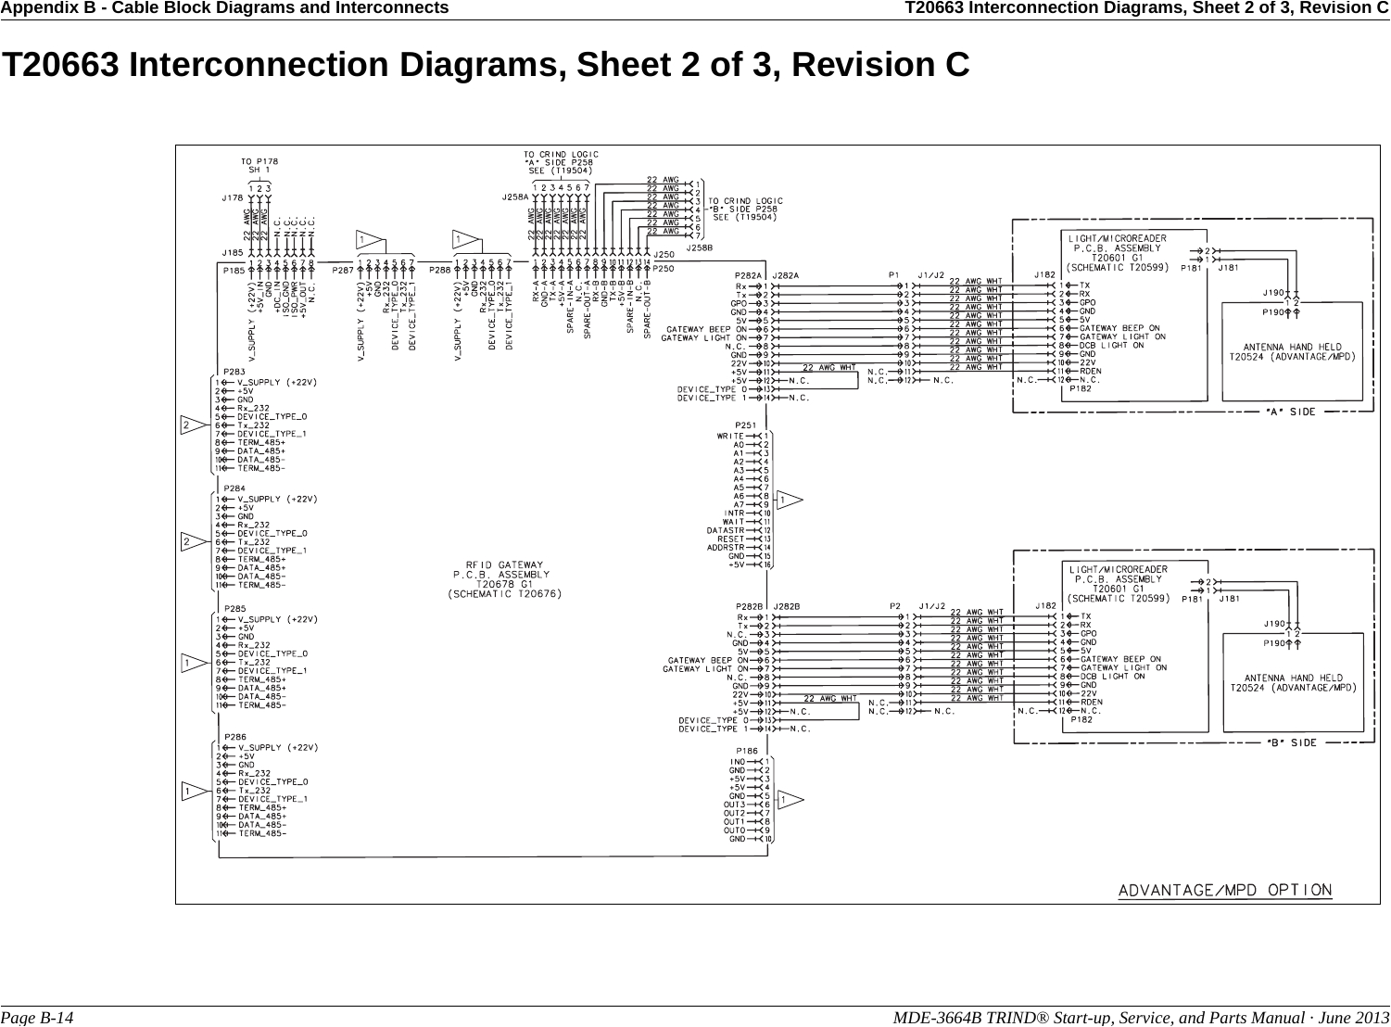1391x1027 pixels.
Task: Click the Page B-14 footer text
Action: click(38, 1017)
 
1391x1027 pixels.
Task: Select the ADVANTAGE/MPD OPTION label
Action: click(1224, 891)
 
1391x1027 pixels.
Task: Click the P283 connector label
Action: click(234, 372)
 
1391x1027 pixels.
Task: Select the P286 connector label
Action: click(234, 737)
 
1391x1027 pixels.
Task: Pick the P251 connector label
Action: click(746, 425)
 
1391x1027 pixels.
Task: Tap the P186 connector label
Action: click(746, 751)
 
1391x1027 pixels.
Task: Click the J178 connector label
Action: click(232, 197)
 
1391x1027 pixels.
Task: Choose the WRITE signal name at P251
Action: click(731, 436)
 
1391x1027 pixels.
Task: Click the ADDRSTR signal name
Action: click(727, 547)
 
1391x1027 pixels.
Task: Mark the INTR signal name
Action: click(734, 513)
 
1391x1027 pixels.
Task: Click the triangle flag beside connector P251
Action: click(788, 501)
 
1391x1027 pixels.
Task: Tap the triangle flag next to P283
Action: click(193, 425)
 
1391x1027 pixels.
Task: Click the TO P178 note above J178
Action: click(259, 160)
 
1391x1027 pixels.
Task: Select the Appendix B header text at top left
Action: click(225, 8)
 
